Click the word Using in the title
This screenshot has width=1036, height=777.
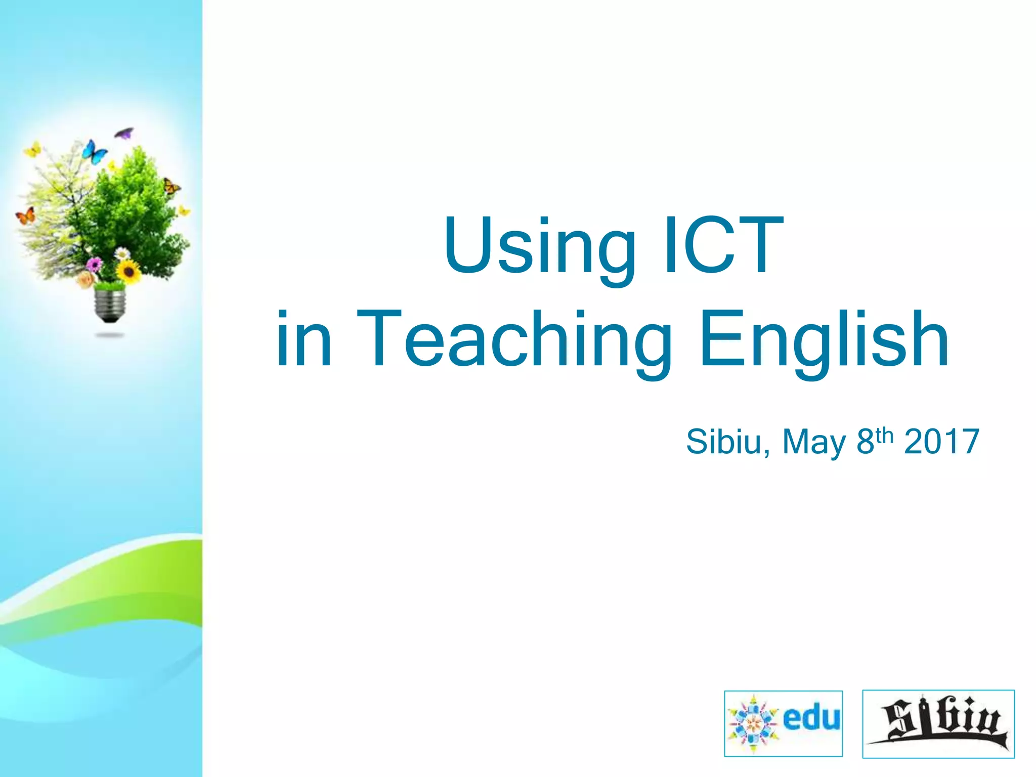539,246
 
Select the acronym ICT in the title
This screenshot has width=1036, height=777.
723,246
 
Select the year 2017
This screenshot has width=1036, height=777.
941,442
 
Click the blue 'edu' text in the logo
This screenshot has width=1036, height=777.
811,718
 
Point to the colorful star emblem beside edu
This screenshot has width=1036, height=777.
753,723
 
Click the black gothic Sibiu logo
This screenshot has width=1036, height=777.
938,723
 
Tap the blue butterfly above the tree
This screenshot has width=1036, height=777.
94,151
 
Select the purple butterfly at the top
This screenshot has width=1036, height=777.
124,134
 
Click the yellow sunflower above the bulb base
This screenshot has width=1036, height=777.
128,272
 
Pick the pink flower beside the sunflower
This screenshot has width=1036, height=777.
94,264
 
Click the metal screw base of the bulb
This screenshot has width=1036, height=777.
110,305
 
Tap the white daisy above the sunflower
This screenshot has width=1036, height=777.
122,253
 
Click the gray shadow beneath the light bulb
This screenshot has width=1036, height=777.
110,335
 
